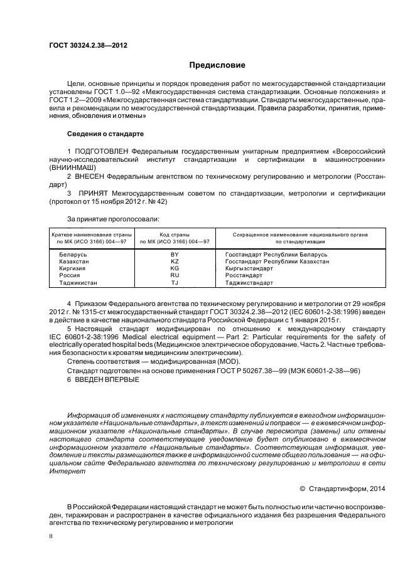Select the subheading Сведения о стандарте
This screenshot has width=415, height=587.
(x=105, y=134)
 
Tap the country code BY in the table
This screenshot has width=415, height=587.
(x=175, y=254)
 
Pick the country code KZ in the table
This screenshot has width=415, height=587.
(x=175, y=261)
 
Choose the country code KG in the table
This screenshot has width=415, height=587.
(x=175, y=268)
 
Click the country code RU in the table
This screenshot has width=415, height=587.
(x=175, y=275)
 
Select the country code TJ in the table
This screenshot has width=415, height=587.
(x=175, y=282)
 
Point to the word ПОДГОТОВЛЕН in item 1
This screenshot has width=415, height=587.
(x=104, y=152)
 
